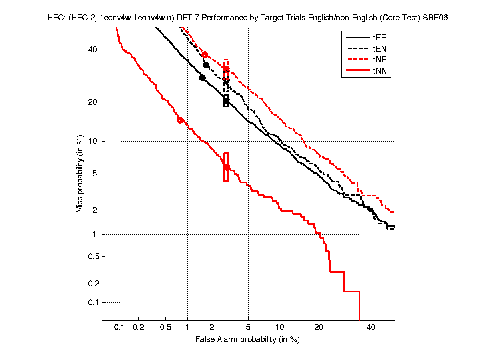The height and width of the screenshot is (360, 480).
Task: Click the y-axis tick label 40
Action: (x=93, y=50)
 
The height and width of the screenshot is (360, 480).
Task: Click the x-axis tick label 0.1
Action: (x=120, y=327)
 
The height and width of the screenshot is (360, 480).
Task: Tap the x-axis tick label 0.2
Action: (x=139, y=327)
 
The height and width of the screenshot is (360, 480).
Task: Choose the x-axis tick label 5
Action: (x=249, y=327)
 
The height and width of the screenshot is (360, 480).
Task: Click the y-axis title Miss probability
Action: (x=80, y=174)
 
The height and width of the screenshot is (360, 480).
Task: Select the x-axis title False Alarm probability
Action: (x=247, y=340)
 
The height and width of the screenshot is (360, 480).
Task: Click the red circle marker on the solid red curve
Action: (x=180, y=120)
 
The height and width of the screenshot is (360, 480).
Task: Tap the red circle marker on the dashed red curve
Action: (x=205, y=55)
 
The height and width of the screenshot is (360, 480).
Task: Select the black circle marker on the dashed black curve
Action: (x=206, y=65)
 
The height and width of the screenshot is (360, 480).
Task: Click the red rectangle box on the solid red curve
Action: (x=226, y=167)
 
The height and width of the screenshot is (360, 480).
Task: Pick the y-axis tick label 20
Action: (x=93, y=102)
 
